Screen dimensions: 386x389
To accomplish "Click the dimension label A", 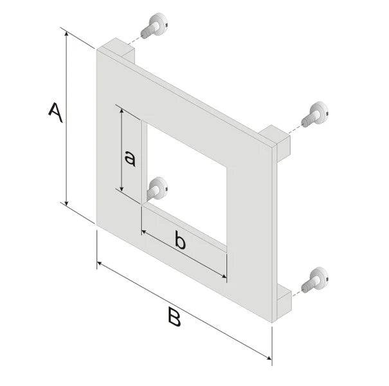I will (x=55, y=112).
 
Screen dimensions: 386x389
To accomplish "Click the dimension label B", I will (x=172, y=317).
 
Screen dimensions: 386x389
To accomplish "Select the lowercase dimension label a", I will (x=129, y=158).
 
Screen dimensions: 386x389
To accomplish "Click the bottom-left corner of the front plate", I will (x=97, y=223).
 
